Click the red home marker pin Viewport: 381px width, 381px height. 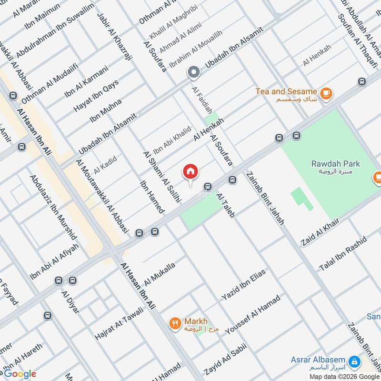[x=190, y=172]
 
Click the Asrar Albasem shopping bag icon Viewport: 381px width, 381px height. [x=354, y=362]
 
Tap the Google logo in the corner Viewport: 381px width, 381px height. [x=19, y=374]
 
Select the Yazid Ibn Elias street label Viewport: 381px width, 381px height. [x=243, y=284]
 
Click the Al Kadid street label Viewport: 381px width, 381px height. [x=105, y=164]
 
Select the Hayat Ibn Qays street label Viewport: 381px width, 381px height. [x=96, y=96]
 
